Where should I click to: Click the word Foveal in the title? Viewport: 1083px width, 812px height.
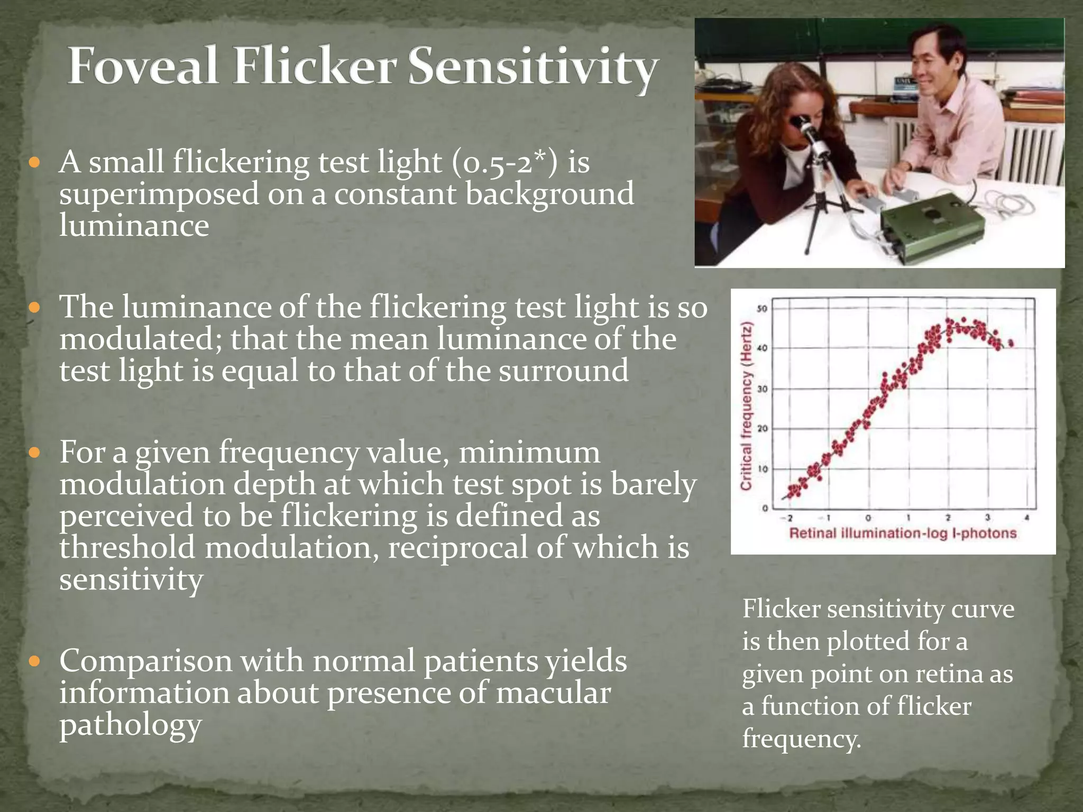[x=143, y=66]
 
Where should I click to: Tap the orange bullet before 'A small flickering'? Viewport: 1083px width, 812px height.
[x=35, y=162]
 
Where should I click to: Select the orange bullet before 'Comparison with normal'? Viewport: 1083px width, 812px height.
[x=35, y=661]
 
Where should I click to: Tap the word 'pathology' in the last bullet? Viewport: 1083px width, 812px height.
[x=130, y=725]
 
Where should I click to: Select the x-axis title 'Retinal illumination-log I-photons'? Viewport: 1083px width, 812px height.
[x=903, y=533]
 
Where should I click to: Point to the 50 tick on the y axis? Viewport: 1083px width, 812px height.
[x=762, y=309]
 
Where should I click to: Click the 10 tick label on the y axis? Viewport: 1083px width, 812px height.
[x=763, y=469]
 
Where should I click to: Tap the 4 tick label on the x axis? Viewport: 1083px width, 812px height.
[x=1027, y=518]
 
